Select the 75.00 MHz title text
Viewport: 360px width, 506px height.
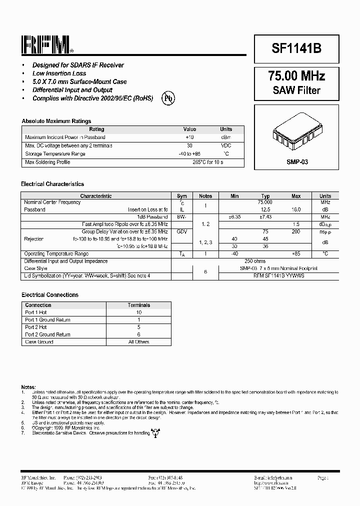(x=296, y=76)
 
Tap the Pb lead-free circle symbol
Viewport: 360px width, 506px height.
(x=168, y=98)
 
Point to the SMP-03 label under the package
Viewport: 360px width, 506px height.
(x=296, y=162)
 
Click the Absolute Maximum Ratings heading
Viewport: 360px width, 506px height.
(x=56, y=121)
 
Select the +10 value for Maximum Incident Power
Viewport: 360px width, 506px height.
(x=189, y=137)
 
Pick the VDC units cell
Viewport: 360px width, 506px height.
(x=226, y=145)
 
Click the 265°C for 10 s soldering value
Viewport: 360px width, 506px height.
(x=207, y=162)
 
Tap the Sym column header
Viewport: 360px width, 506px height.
(x=182, y=196)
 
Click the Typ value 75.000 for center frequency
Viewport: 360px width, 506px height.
(x=265, y=202)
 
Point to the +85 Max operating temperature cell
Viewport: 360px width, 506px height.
(x=296, y=254)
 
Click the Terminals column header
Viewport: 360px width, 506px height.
(x=138, y=305)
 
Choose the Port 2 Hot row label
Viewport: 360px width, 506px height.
(x=36, y=327)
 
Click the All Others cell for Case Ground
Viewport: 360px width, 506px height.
(x=138, y=342)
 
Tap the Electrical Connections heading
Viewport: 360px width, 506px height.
(x=50, y=295)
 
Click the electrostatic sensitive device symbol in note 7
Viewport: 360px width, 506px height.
(x=155, y=433)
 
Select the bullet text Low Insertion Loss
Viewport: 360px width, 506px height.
(x=59, y=73)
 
